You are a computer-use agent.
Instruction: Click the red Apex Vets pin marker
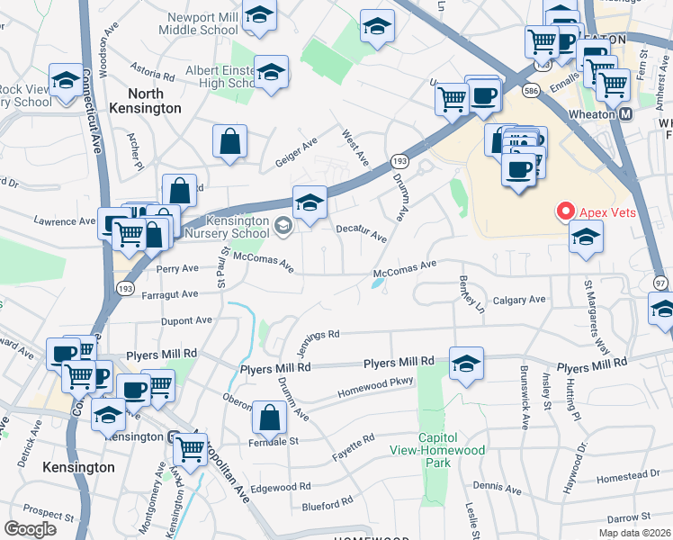tap(566, 211)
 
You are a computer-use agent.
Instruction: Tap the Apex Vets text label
tap(607, 212)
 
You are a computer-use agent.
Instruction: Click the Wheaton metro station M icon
tap(626, 114)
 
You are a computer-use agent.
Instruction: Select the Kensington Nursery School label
tap(226, 227)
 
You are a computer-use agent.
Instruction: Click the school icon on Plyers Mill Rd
tap(465, 364)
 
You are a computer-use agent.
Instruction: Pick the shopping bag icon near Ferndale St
tap(270, 418)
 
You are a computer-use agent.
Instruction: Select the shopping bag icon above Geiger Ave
tap(230, 141)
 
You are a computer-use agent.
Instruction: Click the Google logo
tap(31, 528)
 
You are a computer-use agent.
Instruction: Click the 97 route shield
tap(660, 283)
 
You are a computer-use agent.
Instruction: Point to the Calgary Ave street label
tap(520, 300)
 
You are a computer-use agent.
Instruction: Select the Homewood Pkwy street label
tap(374, 387)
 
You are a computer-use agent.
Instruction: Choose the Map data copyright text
tap(635, 533)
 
